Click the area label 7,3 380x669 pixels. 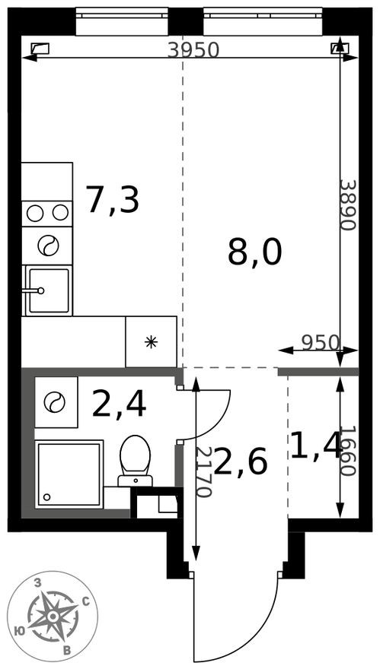[112, 200]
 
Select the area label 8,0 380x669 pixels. [254, 252]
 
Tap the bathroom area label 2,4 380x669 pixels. [119, 404]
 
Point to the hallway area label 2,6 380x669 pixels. [241, 461]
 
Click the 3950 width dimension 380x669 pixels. [193, 50]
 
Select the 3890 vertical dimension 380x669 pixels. [347, 205]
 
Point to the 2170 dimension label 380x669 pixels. [203, 471]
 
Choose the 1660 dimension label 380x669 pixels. [347, 450]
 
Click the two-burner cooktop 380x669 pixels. [47, 213]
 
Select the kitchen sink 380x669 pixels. [47, 290]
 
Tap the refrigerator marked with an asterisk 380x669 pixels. [151, 341]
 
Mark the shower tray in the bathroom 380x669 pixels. [69, 474]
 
